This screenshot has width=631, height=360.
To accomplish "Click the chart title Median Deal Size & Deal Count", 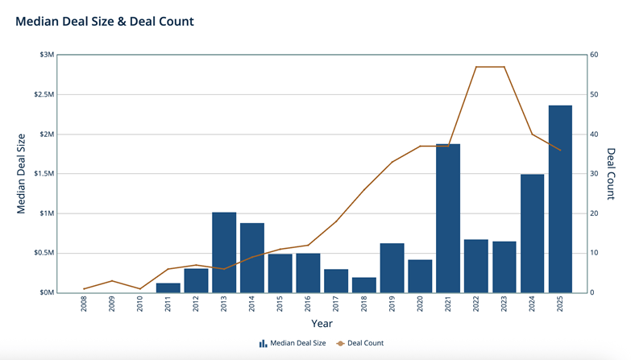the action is pos(105,21).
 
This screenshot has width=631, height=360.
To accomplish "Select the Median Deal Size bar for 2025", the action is pos(560,199).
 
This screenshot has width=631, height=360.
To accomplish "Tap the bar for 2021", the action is pos(448,218).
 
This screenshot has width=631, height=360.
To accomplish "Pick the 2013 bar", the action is pos(224,253).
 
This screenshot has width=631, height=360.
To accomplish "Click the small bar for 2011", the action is pos(168,288).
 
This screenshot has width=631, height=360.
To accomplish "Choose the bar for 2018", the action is pos(364,285).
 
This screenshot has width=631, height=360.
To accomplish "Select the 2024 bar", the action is pos(532,234).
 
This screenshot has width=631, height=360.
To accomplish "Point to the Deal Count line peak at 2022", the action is pos(476,67).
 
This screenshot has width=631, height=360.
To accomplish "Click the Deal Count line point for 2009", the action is pos(112,281).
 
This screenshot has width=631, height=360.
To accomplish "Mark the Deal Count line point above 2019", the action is pos(392,162).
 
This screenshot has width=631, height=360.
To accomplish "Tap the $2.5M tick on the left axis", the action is pos(44,94).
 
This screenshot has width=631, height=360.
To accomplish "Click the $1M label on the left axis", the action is pos(47,213).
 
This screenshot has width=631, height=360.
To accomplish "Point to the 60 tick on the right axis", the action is pos(594,55).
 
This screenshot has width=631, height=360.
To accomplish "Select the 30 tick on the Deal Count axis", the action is pos(594,174).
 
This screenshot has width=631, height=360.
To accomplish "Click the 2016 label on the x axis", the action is pos(309,304).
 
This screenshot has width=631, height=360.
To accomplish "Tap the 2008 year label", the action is pos(84,304).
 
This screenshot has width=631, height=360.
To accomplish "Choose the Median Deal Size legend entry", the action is pos(293,343).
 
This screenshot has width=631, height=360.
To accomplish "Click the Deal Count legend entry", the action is pos(360,343).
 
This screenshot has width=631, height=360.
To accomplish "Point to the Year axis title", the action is pos(322,324).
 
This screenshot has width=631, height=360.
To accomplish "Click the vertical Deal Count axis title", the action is pos(611,174).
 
